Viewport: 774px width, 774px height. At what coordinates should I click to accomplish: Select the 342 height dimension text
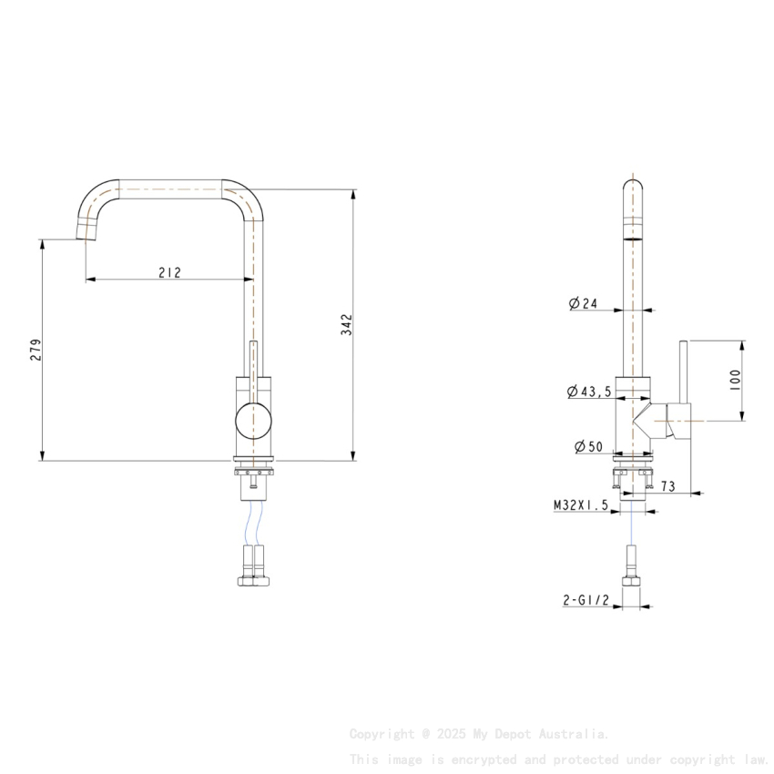[347, 325]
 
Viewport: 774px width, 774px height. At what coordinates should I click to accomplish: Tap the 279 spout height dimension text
[36, 351]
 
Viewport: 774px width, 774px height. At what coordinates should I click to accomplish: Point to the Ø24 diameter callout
[583, 304]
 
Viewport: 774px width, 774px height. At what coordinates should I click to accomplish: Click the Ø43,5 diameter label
[588, 392]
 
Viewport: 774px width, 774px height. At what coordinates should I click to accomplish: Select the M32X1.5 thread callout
[580, 504]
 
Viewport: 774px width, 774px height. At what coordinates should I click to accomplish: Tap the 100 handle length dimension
[736, 380]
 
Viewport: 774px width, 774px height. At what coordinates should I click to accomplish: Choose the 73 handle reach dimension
[667, 487]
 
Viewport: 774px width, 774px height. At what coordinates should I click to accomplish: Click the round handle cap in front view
[253, 420]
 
